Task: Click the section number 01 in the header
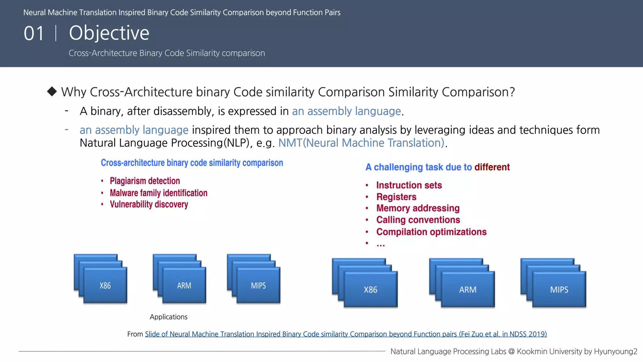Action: coord(34,33)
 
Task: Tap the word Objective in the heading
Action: coord(109,33)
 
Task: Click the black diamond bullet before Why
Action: coord(52,91)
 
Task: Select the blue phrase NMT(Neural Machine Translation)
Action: coord(361,143)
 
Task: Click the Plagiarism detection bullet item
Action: coord(145,181)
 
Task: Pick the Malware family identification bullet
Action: coord(159,193)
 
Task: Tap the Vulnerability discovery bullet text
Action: coord(149,205)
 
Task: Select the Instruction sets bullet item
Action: coord(409,185)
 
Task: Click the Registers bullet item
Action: coord(396,197)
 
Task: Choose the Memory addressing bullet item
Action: coord(418,208)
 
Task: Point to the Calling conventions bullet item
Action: coord(418,220)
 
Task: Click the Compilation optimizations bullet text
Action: coord(431,232)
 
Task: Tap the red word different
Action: coord(492,167)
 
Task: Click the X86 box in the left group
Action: coord(105,285)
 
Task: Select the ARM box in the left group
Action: coord(184,285)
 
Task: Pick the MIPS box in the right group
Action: coord(559,289)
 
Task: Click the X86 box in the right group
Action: coord(370,289)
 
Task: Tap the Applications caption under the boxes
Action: coord(169,317)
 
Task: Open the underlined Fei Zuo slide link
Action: coord(346,334)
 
